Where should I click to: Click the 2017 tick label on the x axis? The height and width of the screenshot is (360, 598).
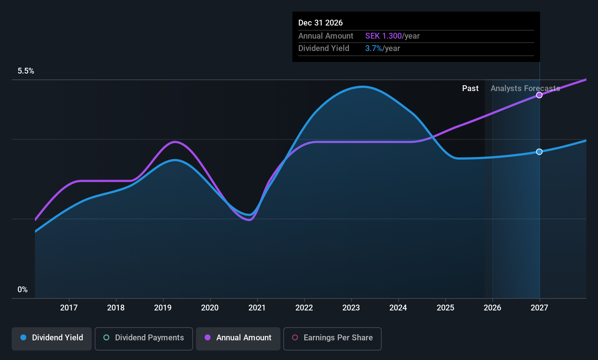coord(69,308)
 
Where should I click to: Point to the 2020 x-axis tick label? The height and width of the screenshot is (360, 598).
coord(210,308)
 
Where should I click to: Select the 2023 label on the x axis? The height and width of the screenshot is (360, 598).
coord(351,308)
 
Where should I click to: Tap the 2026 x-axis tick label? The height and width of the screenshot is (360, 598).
coord(492,308)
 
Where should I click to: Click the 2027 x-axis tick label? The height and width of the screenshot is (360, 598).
coord(539,308)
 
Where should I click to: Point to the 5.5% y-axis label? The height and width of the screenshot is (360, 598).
coord(26,71)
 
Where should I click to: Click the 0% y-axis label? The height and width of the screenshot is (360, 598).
coord(23,290)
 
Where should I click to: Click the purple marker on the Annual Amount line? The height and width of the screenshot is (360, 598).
coord(539,95)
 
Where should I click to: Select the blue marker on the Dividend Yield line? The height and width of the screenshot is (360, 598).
coord(539,152)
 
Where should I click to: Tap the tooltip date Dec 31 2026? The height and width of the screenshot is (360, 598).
coord(320,23)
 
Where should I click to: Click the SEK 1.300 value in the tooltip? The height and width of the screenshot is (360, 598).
coord(383,36)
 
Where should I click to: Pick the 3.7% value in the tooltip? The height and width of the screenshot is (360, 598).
coord(373,48)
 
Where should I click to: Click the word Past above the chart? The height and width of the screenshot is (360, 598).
coord(470,89)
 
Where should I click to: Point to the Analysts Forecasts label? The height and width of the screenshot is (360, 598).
coord(525,89)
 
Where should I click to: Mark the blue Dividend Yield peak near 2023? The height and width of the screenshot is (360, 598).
coord(362,87)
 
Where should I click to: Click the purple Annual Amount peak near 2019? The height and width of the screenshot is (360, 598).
coord(175,142)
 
